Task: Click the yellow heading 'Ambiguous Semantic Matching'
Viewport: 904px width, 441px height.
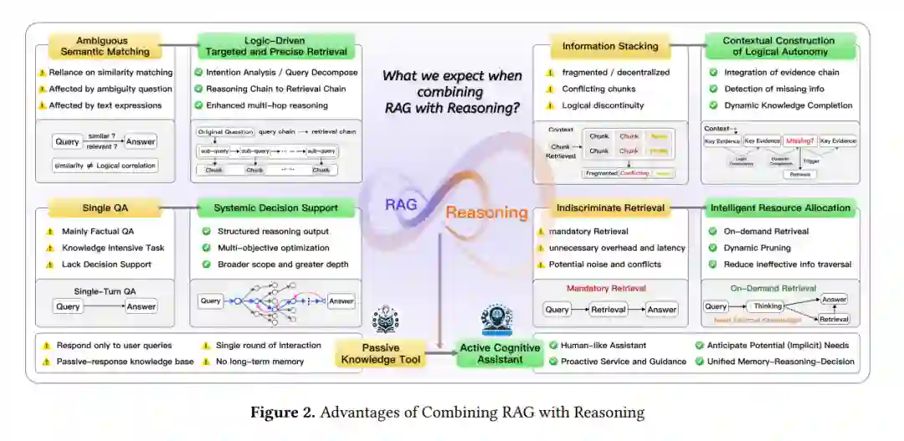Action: (x=103, y=46)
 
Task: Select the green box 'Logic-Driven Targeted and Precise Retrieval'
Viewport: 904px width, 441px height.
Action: (x=275, y=46)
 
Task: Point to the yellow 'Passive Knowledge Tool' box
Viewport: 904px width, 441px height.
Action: (x=381, y=354)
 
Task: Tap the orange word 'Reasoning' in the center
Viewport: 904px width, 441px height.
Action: (x=485, y=213)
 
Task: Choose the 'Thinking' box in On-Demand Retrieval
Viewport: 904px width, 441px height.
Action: (x=768, y=306)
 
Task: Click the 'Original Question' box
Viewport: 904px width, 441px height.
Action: (x=224, y=132)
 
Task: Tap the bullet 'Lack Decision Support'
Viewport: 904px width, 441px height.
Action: (x=106, y=264)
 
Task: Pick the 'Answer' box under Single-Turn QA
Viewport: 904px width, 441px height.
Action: (x=141, y=306)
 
